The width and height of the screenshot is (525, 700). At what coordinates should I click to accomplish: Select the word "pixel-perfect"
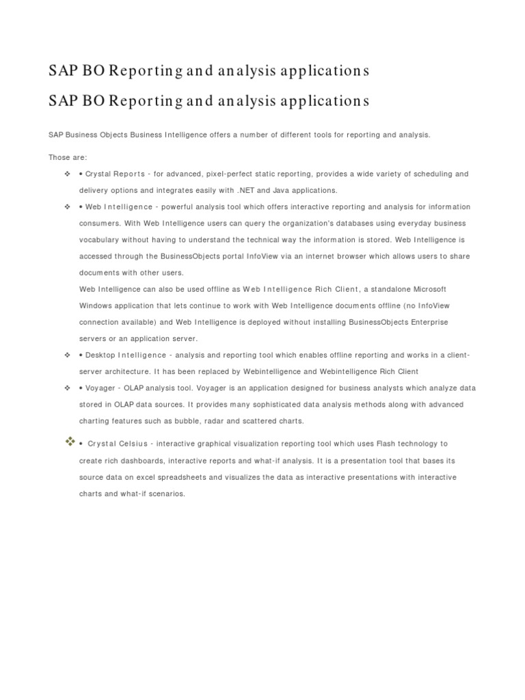(230, 174)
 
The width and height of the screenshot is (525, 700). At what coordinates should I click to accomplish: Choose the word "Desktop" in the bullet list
(100, 355)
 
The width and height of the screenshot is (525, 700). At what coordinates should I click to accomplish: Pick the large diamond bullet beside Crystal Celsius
(70, 442)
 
